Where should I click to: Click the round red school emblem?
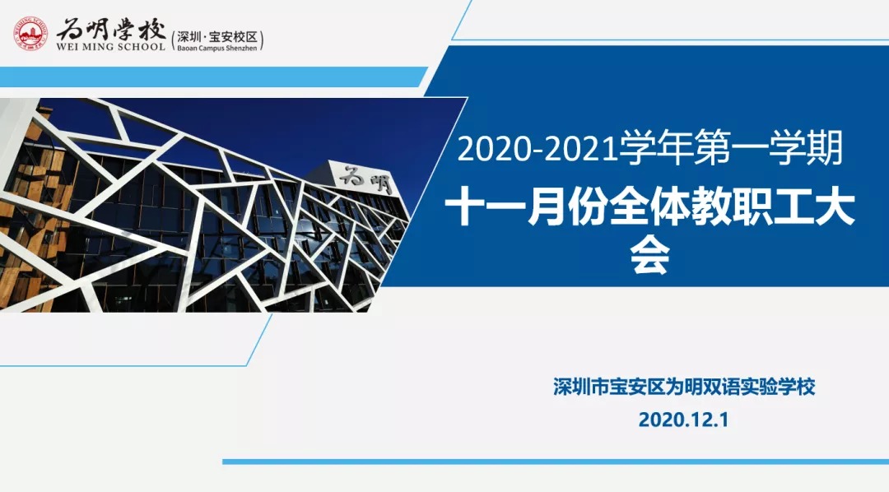pyautogui.click(x=30, y=33)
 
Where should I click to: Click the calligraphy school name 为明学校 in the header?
pyautogui.click(x=111, y=29)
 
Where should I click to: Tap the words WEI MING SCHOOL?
pyautogui.click(x=110, y=47)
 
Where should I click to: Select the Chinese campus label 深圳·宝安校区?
pyautogui.click(x=217, y=37)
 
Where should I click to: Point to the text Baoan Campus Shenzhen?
pyautogui.click(x=216, y=49)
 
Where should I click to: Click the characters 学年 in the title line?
pyautogui.click(x=655, y=149)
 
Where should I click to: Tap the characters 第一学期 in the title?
pyautogui.click(x=768, y=149)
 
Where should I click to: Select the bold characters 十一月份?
pyautogui.click(x=525, y=209)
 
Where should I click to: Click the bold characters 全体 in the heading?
pyautogui.click(x=649, y=209)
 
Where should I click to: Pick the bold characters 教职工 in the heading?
pyautogui.click(x=752, y=209)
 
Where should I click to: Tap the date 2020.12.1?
pyautogui.click(x=683, y=420)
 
